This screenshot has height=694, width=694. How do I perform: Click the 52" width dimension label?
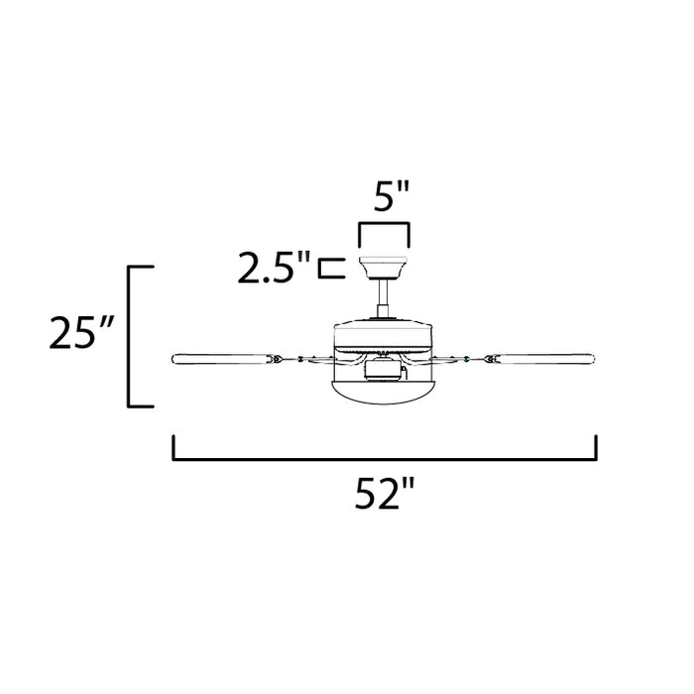point(385,493)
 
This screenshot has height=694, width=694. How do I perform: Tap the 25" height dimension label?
point(82,332)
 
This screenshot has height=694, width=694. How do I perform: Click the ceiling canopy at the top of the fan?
point(384,268)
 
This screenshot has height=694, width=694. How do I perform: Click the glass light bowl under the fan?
point(384,392)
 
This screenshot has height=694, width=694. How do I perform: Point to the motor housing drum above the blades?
point(384,335)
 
